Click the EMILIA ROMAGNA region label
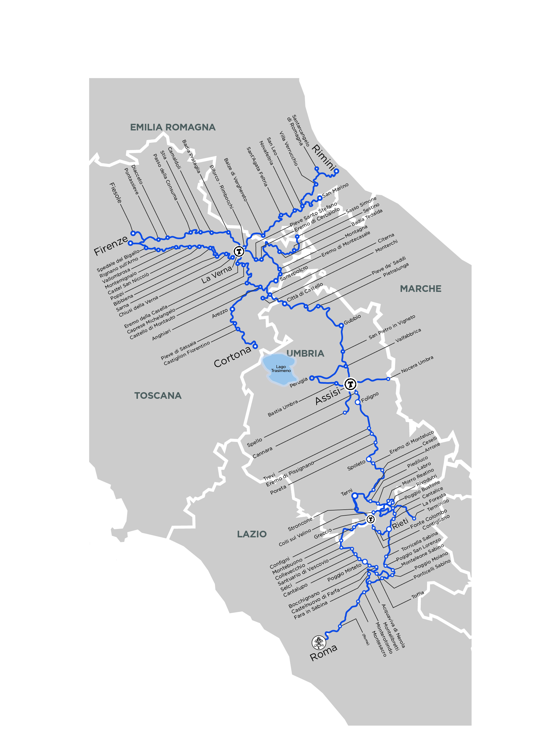[173, 127]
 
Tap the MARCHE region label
[420, 289]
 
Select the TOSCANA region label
[158, 396]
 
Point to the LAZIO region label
[252, 534]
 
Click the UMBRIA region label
[305, 354]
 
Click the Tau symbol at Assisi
[351, 384]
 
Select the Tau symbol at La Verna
[239, 251]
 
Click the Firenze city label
[111, 246]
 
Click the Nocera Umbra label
[417, 364]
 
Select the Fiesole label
[116, 193]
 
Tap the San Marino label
[335, 190]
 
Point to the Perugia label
[298, 382]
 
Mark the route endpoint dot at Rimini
[336, 171]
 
